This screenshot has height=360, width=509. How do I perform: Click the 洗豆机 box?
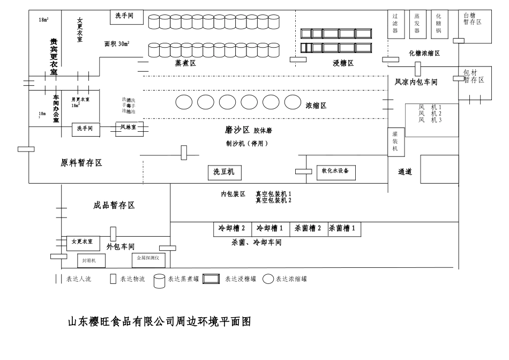(x=224, y=172)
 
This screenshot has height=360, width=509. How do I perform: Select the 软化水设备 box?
(x=335, y=171)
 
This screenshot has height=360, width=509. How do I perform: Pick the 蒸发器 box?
(x=417, y=24)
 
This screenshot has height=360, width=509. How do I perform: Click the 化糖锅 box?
(x=439, y=24)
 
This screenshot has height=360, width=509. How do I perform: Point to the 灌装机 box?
(x=395, y=142)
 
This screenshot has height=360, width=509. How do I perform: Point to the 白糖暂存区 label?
(x=473, y=19)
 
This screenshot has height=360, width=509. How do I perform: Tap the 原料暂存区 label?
(x=81, y=163)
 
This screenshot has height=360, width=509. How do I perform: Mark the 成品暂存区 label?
(x=114, y=205)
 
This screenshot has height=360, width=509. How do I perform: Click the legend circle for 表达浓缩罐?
(x=268, y=279)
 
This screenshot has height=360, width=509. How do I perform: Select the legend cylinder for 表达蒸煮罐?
(x=159, y=280)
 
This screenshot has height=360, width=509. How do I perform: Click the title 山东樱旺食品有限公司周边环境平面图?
(x=159, y=322)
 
